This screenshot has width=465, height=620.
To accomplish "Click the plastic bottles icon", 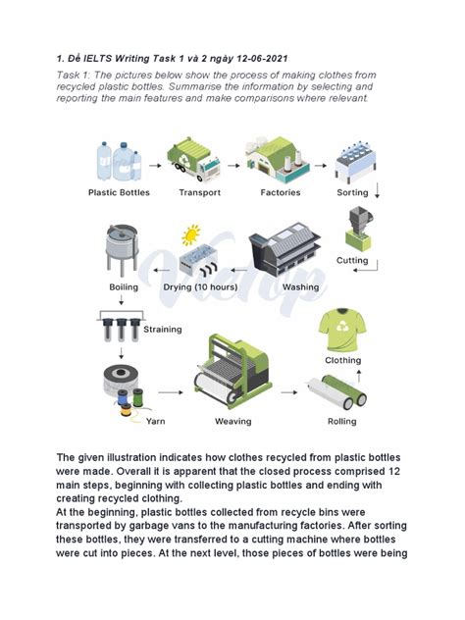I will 119,161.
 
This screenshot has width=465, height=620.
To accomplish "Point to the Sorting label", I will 352,193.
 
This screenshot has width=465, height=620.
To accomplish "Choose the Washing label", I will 300,287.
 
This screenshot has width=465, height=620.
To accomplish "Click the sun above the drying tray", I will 190,234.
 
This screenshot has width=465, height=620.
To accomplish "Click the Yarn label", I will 155,422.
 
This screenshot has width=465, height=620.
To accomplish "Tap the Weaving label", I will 233,422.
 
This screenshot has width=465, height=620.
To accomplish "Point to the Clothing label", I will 342,360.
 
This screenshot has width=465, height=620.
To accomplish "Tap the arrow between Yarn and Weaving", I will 171,391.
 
